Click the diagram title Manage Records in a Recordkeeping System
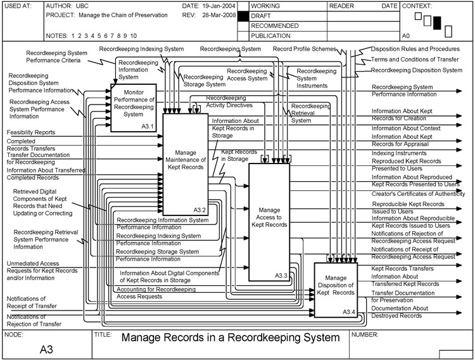[230, 338]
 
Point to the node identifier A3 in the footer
[46, 349]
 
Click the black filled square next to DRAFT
[241, 15]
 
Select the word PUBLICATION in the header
[272, 36]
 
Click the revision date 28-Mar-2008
[218, 15]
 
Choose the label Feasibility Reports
[31, 132]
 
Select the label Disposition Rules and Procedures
[415, 49]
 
